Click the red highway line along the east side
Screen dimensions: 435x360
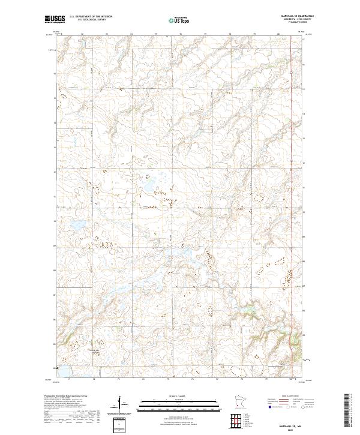coord(291,180)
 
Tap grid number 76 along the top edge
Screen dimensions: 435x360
coord(181,34)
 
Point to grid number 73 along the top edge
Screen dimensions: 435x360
coord(107,34)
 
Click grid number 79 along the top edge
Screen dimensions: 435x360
coord(254,34)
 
